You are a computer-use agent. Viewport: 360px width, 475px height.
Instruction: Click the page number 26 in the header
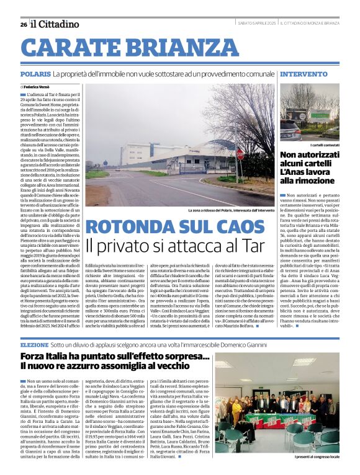23,24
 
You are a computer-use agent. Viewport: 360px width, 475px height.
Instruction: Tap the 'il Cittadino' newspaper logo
56,24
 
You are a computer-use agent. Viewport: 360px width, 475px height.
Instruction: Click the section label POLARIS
35,74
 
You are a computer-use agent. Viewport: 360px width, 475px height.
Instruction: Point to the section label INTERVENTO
304,74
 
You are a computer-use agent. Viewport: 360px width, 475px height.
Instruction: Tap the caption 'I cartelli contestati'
319,144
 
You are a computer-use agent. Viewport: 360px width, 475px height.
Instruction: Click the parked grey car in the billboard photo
291,129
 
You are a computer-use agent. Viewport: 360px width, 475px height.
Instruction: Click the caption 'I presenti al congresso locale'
317,456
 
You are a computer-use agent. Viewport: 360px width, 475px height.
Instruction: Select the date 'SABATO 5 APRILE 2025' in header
256,24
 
